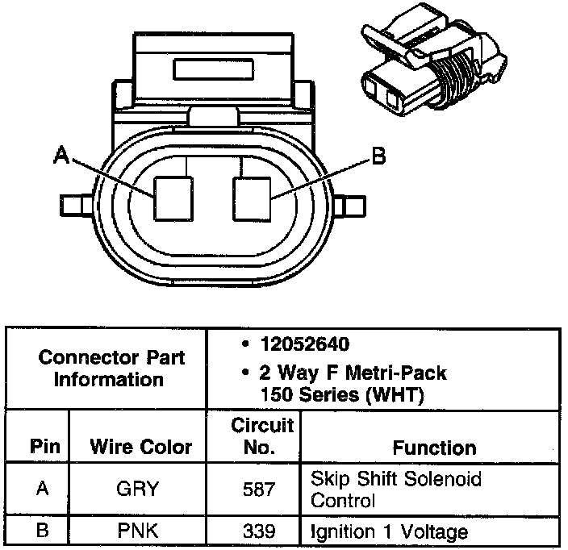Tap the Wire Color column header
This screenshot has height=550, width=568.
[x=140, y=447]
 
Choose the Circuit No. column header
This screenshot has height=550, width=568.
[x=262, y=435]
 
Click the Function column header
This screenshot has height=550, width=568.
[x=434, y=447]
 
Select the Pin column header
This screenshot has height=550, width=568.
[x=40, y=447]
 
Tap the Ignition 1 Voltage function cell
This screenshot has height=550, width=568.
[x=389, y=531]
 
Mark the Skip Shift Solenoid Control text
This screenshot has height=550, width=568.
[x=395, y=490]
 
